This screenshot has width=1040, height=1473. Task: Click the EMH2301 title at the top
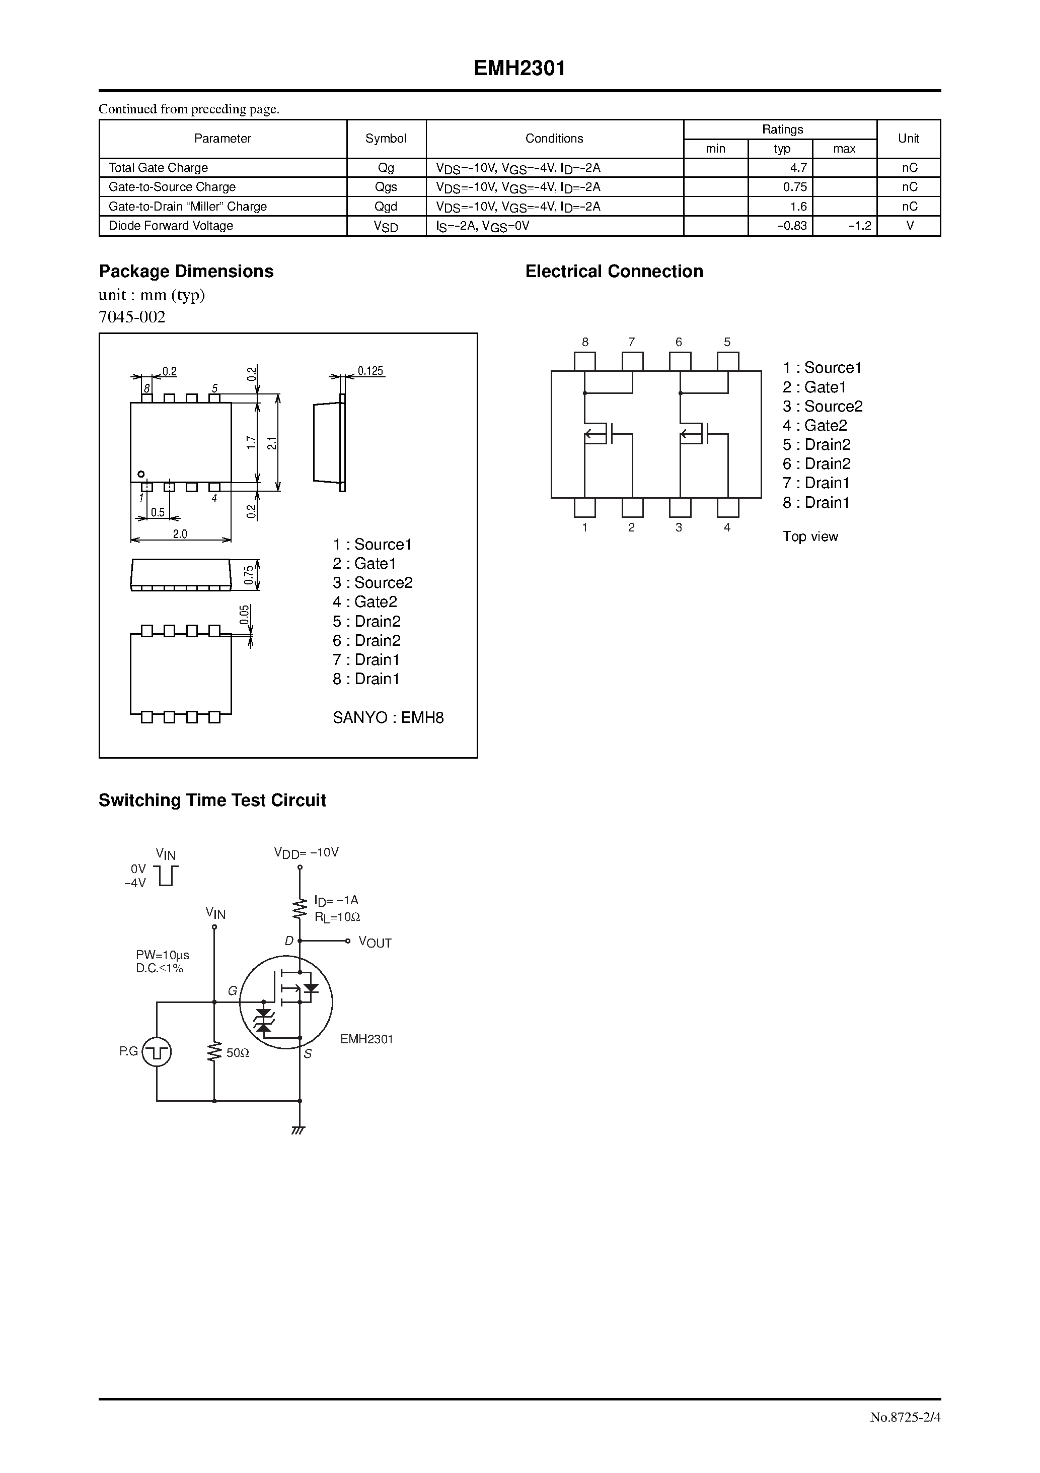(x=519, y=69)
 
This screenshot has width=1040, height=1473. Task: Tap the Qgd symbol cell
(x=386, y=207)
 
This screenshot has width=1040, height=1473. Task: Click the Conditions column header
(x=554, y=139)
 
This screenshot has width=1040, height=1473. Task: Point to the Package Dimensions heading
(x=186, y=272)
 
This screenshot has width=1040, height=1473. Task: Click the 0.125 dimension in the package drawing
(x=370, y=371)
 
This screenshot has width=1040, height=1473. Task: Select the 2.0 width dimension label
(x=180, y=534)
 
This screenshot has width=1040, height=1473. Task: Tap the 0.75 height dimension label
(x=249, y=575)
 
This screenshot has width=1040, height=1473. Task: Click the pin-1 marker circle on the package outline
(x=141, y=475)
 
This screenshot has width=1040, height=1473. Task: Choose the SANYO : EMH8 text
(x=388, y=717)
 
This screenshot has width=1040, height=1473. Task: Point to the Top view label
(x=810, y=537)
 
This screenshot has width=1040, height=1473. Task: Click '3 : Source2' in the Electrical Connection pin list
(x=822, y=406)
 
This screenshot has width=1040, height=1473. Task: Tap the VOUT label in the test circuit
(x=375, y=943)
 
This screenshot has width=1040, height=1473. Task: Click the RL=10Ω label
(x=337, y=917)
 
